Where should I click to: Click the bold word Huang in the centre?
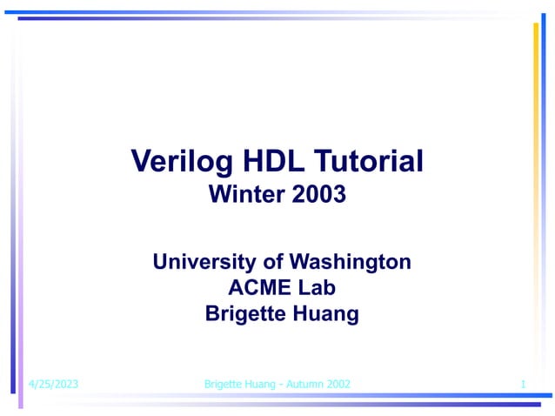click(x=327, y=314)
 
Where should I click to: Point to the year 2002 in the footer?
click(x=337, y=384)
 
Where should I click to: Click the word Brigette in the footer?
click(x=225, y=384)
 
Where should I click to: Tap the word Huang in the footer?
click(x=262, y=384)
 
